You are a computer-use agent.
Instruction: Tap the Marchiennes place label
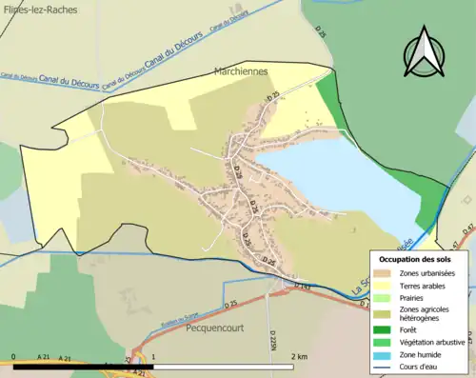tap(240, 71)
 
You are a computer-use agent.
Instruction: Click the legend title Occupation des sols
tap(417, 259)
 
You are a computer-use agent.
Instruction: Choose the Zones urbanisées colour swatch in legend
tap(386, 273)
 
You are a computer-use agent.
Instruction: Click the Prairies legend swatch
tap(386, 297)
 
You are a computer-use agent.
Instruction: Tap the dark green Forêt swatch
tap(386, 332)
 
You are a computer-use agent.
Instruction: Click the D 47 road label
tap(467, 229)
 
